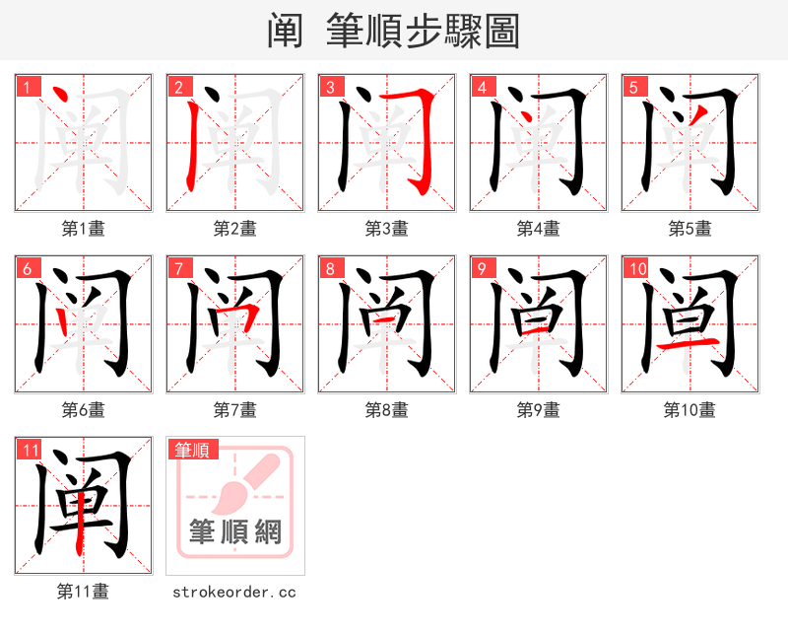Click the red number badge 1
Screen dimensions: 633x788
click(x=27, y=87)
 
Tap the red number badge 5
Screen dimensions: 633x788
click(x=632, y=87)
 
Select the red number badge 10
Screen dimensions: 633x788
click(x=636, y=268)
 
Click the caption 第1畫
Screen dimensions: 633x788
click(x=83, y=229)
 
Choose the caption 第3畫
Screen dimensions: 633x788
click(x=386, y=229)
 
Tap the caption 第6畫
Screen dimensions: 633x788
click(x=83, y=410)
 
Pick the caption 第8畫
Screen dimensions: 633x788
click(x=386, y=410)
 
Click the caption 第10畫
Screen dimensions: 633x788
click(x=689, y=410)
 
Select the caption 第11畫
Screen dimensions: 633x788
click(x=83, y=592)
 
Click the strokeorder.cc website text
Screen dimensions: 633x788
click(x=234, y=592)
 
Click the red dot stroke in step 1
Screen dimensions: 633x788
click(x=59, y=95)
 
